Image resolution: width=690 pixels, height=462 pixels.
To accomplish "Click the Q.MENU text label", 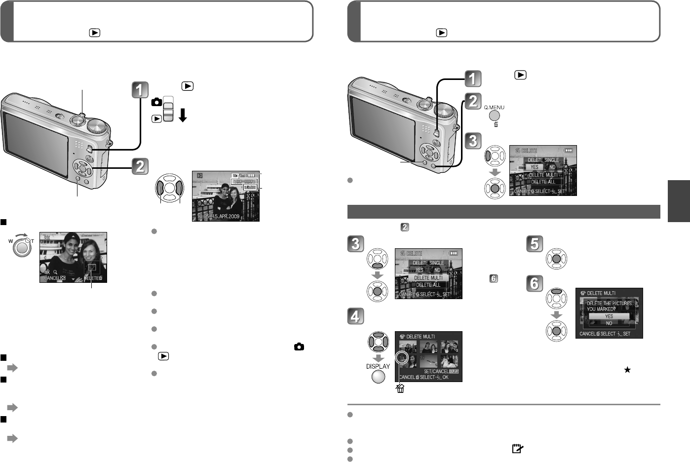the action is point(494,107).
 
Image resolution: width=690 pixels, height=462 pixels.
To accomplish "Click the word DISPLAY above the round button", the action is point(378,366).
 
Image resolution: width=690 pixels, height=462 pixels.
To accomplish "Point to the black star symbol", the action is point(627,370).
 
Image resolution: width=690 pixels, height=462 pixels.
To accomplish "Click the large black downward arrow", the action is point(183,115).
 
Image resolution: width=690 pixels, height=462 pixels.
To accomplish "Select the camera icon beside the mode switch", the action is point(156,102).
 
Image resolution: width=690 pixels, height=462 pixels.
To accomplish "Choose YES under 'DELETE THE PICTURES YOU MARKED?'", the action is point(609,316).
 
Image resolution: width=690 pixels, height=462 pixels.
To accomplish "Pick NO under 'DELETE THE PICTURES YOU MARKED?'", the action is point(609,323).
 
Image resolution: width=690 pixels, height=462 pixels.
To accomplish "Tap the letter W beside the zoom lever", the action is point(11,241).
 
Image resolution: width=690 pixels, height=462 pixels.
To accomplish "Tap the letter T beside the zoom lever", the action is point(33,241).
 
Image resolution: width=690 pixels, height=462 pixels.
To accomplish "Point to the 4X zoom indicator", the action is point(47,272).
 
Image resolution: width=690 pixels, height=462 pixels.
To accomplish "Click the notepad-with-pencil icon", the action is point(517,449).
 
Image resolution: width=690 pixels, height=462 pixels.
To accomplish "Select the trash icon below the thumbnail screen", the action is point(400,389).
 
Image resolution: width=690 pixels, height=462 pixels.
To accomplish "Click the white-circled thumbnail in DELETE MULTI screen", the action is point(402,358).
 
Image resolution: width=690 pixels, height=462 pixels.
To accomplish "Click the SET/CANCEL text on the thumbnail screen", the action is point(436,371).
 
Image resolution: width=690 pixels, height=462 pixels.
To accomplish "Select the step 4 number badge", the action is point(355,316).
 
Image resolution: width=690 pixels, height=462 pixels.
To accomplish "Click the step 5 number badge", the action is point(535,244).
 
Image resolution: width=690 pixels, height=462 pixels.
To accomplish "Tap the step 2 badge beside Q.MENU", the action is point(472,101).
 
